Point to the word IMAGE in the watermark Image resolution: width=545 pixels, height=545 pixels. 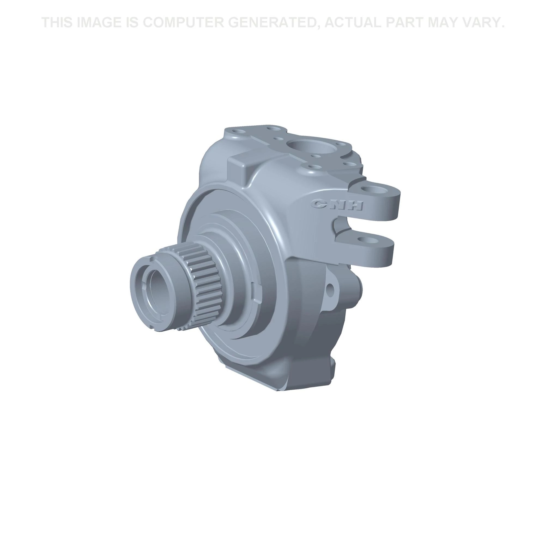click(99, 22)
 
